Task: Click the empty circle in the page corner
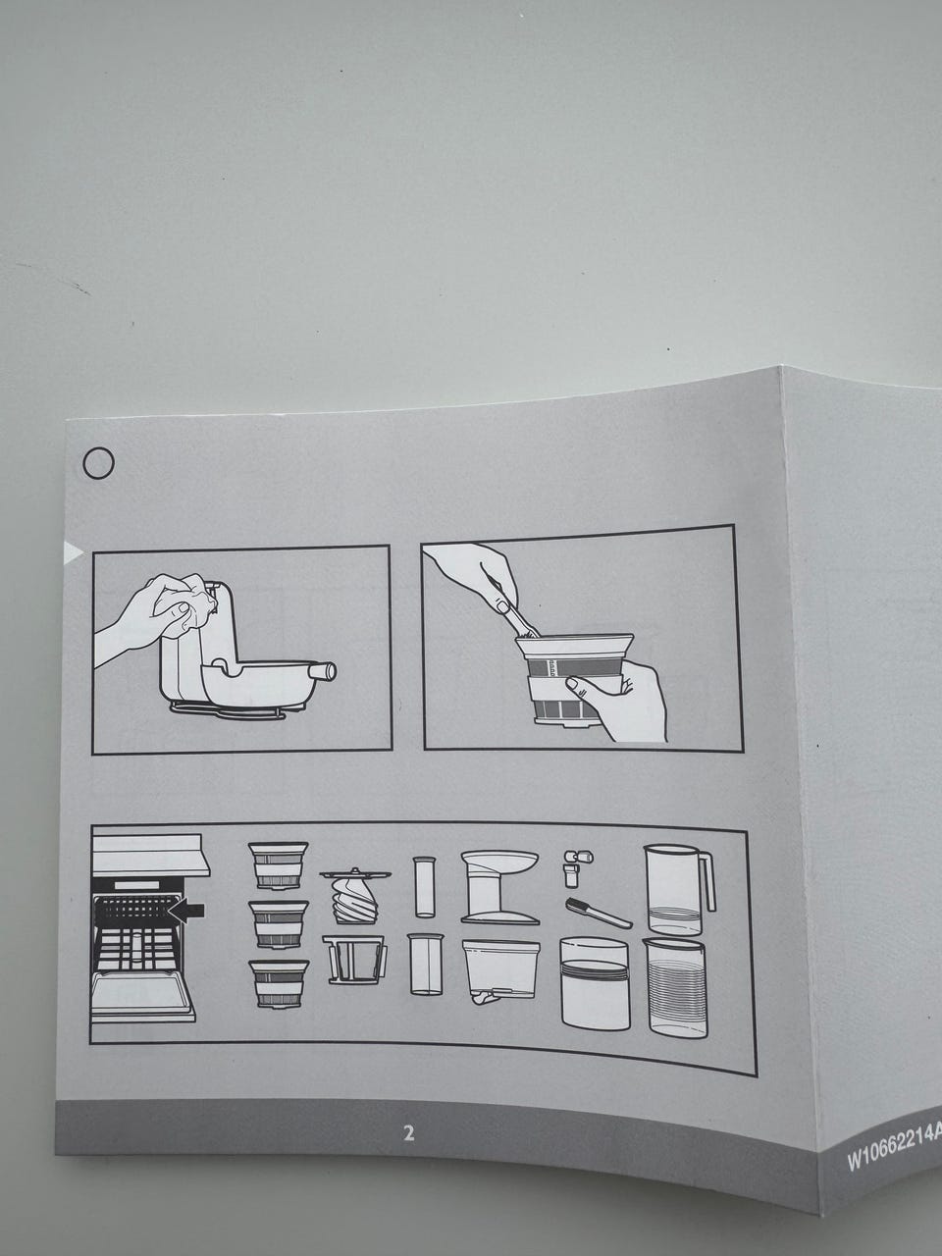click(98, 463)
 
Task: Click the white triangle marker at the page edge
click(73, 551)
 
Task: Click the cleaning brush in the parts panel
click(599, 914)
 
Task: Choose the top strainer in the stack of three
click(278, 864)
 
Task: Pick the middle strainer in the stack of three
click(279, 924)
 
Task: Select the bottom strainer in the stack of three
click(279, 983)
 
